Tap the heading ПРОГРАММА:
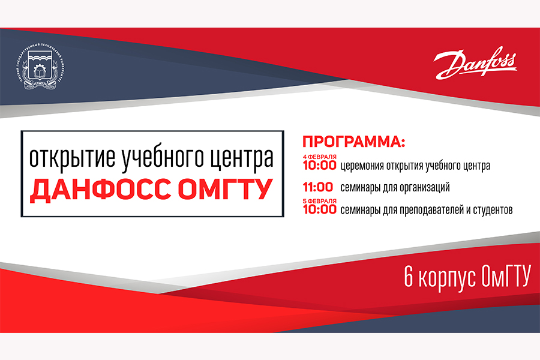[x=354, y=143]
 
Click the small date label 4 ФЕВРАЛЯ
[x=319, y=157]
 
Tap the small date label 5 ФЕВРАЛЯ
[x=319, y=200]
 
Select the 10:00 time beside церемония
[x=319, y=166]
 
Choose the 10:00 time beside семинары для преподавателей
[x=319, y=209]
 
